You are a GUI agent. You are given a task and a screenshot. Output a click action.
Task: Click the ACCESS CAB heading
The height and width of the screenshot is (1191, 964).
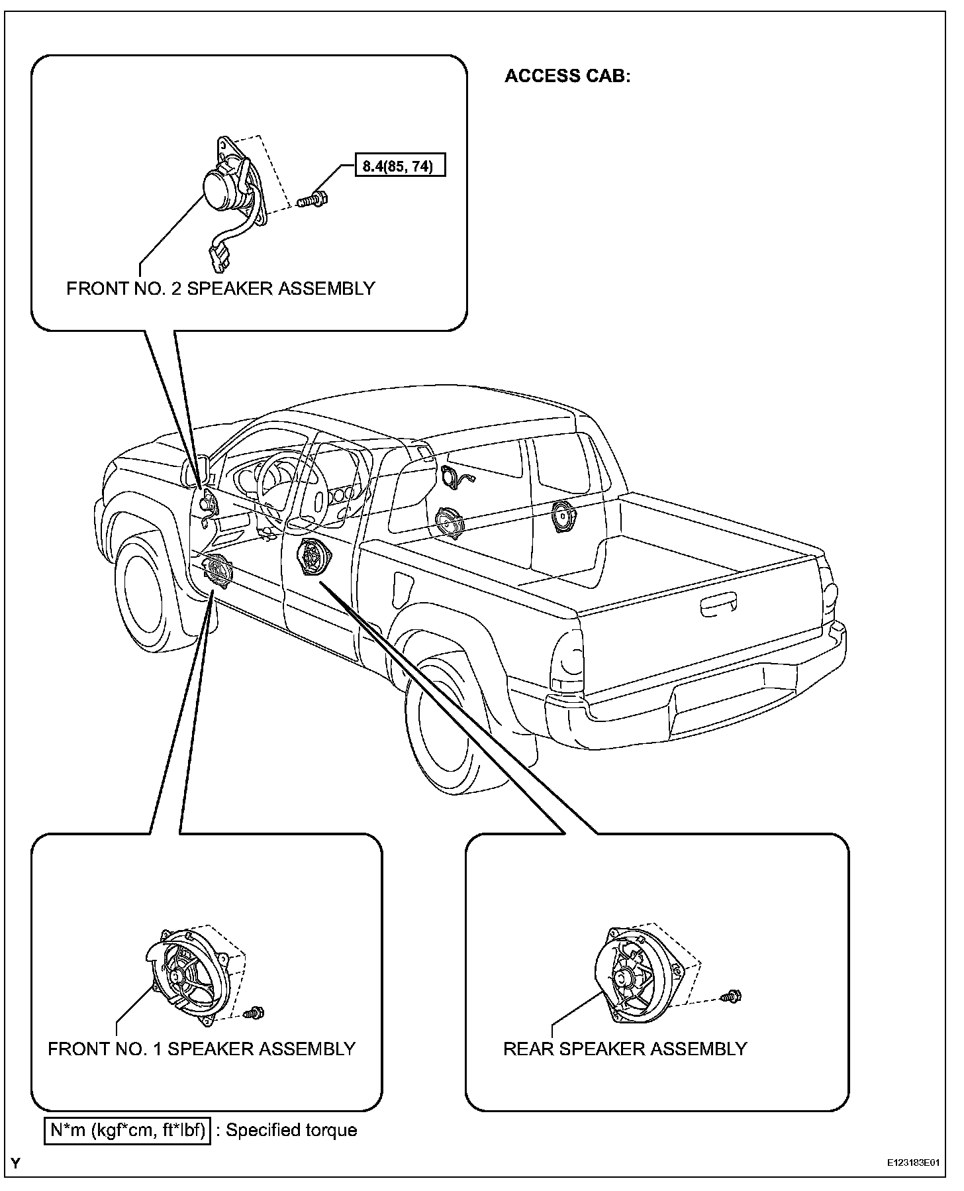click(x=567, y=76)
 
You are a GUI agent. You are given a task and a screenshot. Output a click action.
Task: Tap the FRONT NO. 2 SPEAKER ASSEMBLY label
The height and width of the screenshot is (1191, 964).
click(x=220, y=289)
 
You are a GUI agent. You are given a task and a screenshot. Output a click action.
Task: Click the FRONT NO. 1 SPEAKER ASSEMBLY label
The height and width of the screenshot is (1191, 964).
click(x=201, y=1049)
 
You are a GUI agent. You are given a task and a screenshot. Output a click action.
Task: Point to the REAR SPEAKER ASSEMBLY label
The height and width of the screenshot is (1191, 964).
click(x=625, y=1049)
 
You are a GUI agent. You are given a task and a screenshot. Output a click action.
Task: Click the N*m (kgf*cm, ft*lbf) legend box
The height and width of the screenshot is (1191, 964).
click(x=128, y=1129)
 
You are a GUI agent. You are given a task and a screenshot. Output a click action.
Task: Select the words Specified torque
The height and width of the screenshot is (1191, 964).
click(x=291, y=1129)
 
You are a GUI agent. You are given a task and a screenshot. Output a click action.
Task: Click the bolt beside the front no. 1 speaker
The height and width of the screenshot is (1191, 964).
click(x=254, y=1012)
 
